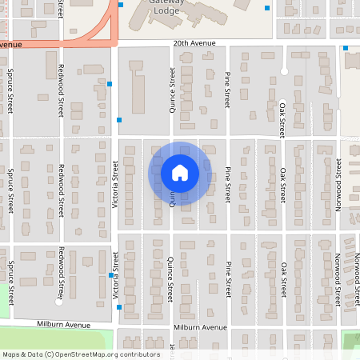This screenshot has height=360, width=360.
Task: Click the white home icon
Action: tap(180, 173)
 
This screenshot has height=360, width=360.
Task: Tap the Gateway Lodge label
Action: tap(166, 7)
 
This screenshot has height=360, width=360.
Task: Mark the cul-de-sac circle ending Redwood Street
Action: tap(59, 302)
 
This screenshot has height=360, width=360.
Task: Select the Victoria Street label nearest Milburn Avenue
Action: tap(115, 270)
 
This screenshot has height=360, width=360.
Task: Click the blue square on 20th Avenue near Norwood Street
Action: tap(346, 48)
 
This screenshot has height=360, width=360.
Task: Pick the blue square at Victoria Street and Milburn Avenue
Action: tap(119, 307)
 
